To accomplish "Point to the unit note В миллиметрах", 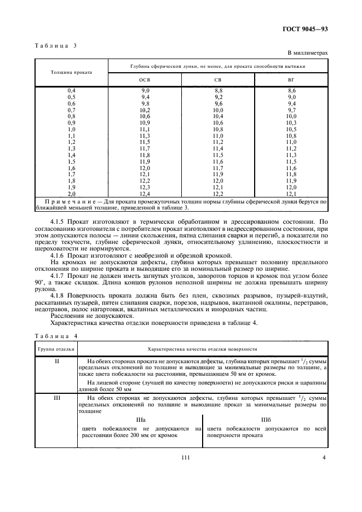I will click(x=307, y=53).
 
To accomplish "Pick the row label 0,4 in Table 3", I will click(x=71, y=90).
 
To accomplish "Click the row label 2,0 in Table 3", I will click(x=71, y=194).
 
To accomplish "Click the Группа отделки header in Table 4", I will click(x=56, y=348).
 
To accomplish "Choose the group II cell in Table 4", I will click(x=56, y=362).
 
